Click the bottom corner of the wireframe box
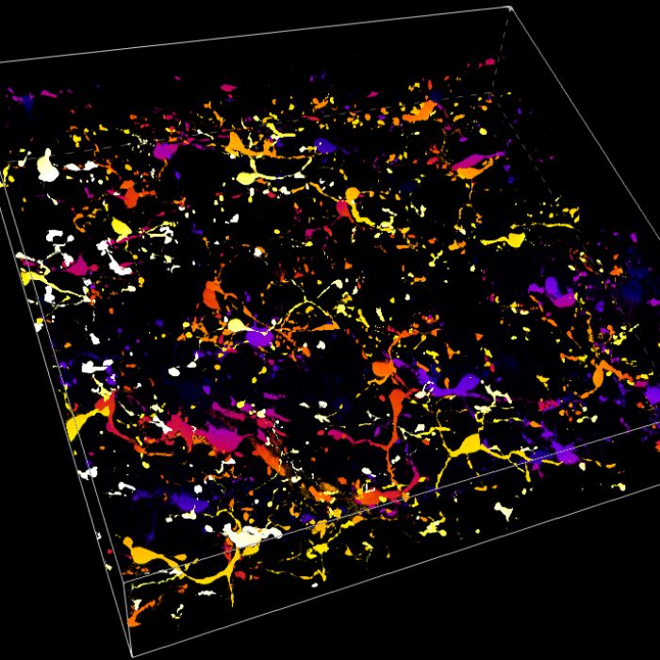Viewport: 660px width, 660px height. [x=132, y=655]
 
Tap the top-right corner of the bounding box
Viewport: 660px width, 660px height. [x=510, y=8]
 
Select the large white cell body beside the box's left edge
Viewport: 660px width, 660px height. [x=46, y=166]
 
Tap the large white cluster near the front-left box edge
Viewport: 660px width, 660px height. [x=247, y=536]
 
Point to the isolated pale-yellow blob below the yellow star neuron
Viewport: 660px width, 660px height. [x=503, y=511]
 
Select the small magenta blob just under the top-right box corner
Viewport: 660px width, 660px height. [x=490, y=62]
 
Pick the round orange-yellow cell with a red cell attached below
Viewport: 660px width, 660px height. [x=352, y=195]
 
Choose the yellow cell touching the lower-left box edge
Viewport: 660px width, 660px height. [x=77, y=425]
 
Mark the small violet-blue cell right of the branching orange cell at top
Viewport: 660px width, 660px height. [x=324, y=146]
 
